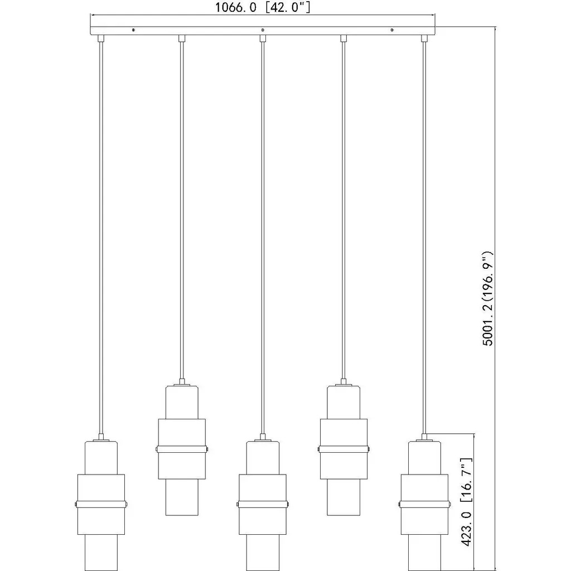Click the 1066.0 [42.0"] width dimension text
coord(263,7)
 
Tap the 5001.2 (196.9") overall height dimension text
coord(487,298)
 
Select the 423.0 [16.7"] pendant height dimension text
coord(467,502)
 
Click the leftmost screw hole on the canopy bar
coord(133,30)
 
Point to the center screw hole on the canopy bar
coord(263,30)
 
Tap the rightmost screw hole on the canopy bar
coord(392,30)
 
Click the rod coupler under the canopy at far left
coord(101,38)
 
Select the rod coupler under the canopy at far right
coord(424,38)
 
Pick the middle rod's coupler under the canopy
coord(263,38)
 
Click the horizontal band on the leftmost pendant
coord(101,504)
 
